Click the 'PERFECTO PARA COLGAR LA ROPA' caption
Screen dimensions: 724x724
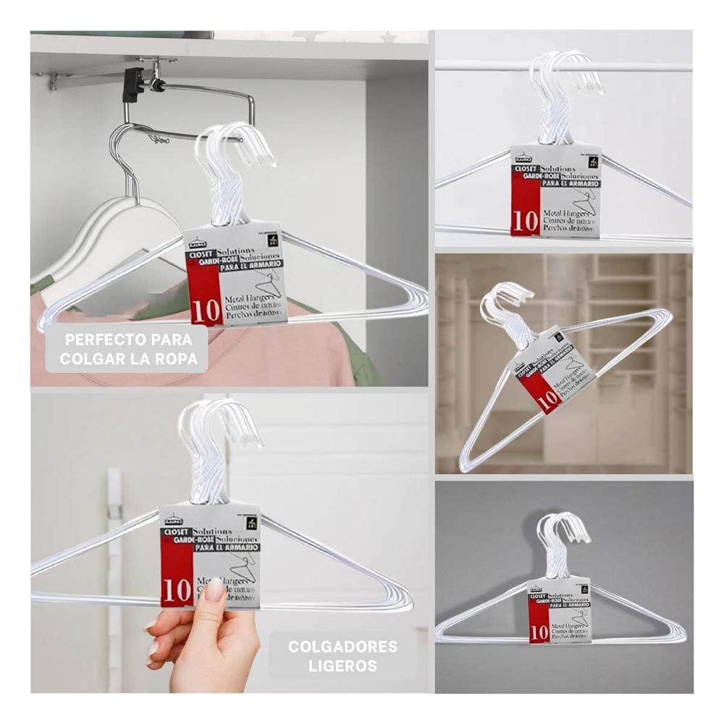[x=128, y=348]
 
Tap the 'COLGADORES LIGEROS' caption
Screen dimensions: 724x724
[x=342, y=655]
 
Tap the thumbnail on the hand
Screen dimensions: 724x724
[x=214, y=589]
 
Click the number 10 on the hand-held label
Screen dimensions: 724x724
[x=177, y=591]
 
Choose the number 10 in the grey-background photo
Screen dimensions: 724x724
[x=538, y=633]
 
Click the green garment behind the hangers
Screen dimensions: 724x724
[x=362, y=355]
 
